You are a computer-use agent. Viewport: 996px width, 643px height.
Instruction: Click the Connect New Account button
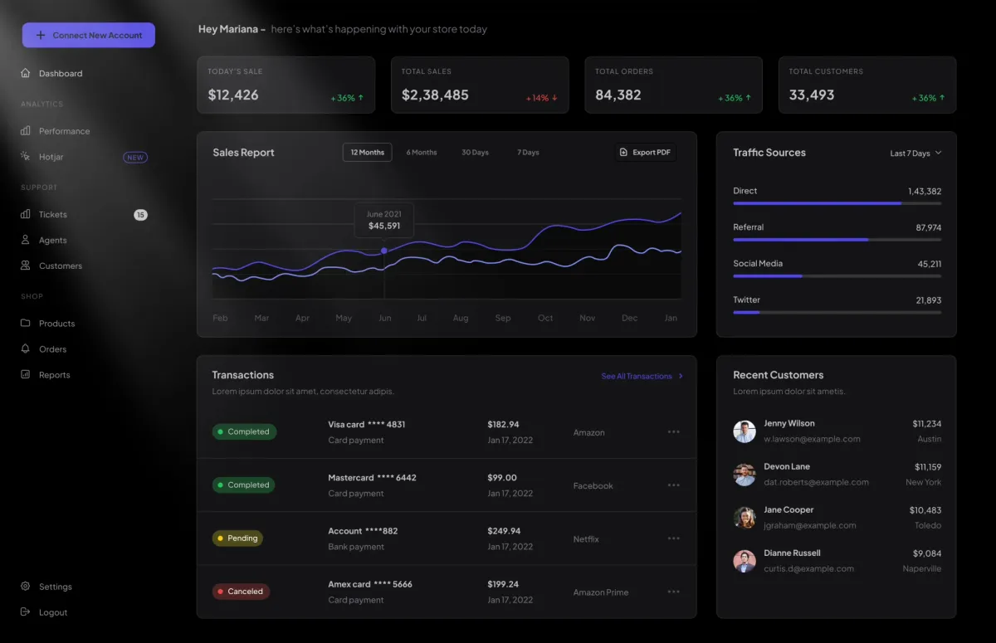click(89, 35)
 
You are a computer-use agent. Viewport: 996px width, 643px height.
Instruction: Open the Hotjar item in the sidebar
click(51, 157)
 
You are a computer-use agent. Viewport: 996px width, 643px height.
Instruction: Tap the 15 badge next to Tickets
click(141, 215)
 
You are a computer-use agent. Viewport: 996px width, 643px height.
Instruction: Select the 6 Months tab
click(422, 153)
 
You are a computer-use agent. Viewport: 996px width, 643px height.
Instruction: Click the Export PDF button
click(645, 153)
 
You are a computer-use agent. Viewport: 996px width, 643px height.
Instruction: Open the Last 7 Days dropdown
click(915, 153)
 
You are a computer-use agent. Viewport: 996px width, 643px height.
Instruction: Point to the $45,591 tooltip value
click(384, 226)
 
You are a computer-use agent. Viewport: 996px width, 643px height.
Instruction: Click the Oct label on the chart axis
click(545, 318)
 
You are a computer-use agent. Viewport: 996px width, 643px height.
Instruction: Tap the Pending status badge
click(237, 538)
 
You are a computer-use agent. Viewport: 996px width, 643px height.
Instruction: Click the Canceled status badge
click(241, 592)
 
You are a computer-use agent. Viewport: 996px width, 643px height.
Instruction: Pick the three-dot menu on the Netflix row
click(673, 538)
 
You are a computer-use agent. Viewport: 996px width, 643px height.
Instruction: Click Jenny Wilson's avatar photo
click(745, 431)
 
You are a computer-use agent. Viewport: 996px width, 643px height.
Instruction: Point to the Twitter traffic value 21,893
click(928, 300)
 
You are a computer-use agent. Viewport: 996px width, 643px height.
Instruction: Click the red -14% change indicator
click(541, 98)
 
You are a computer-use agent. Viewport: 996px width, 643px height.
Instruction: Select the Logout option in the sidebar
click(52, 612)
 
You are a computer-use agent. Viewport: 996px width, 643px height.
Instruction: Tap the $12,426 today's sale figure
click(233, 95)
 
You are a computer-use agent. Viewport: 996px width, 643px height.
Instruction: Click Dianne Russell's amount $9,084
click(926, 553)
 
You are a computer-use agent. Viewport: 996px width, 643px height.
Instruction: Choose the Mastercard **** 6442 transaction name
click(372, 478)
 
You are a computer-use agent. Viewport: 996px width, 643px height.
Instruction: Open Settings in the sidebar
click(55, 587)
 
